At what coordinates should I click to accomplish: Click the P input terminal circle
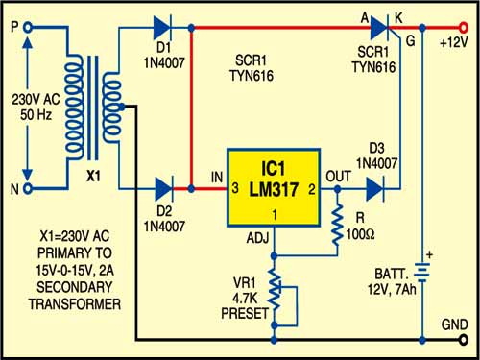[28, 28]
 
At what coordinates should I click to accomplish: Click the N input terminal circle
[28, 189]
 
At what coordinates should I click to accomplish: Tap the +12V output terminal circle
[463, 28]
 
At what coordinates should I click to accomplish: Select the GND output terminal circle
[463, 340]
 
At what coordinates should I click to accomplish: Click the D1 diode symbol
[163, 28]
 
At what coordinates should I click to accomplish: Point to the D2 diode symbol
[164, 189]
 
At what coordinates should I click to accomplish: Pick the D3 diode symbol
[375, 189]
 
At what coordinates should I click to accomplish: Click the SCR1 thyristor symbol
[381, 28]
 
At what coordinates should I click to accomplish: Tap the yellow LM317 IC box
[274, 188]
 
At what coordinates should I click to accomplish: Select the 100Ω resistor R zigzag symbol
[337, 224]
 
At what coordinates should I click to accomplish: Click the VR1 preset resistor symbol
[275, 291]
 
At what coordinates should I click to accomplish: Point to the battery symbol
[422, 274]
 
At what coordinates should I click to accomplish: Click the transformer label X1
[93, 176]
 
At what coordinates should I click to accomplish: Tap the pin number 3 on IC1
[235, 188]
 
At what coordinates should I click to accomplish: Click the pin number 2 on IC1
[312, 189]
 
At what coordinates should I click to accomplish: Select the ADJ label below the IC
[258, 238]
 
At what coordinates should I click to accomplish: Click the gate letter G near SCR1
[410, 41]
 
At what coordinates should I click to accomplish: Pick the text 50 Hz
[36, 114]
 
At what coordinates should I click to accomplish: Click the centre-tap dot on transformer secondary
[122, 108]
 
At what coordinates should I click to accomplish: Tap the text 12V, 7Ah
[392, 289]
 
